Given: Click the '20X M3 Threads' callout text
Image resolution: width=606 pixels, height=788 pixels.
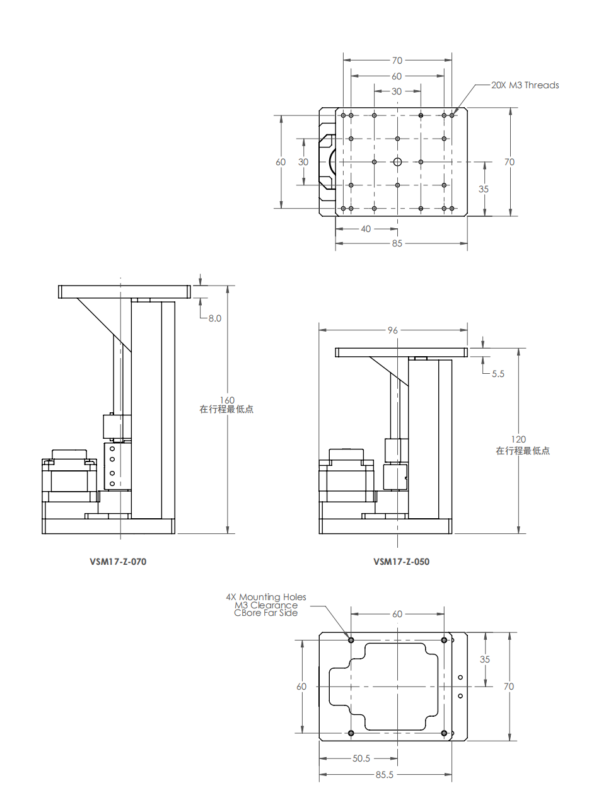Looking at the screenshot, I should coord(525,85).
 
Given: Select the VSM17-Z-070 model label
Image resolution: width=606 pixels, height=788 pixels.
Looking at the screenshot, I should coord(118,562).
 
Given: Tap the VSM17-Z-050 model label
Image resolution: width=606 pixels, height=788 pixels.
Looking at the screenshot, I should coord(401,562).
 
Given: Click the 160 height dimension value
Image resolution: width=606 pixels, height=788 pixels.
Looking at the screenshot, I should coord(227,400).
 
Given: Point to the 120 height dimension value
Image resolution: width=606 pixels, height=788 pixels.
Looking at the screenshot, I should coord(518,439).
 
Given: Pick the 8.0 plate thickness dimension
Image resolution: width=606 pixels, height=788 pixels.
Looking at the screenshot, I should coord(215,318).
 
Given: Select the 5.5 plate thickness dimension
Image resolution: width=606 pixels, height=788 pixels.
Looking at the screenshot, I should coord(498,374).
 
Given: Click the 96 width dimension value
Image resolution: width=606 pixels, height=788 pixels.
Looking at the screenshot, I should coord(393,330).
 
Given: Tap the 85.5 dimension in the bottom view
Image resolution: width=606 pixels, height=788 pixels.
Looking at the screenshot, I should coord(384,775).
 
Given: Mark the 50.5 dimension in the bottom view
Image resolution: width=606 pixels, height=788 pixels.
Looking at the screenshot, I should coord(361,758).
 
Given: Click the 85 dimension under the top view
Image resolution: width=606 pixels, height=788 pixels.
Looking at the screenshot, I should coord(397,243).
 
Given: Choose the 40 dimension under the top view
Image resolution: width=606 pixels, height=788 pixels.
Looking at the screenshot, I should coord(366,229).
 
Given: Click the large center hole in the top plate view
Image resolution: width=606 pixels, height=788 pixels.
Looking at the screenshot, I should coord(397,162).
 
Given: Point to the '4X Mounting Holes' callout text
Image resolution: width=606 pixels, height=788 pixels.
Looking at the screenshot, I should coord(266,597).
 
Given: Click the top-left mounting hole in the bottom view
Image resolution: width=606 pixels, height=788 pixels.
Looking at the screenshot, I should coord(351,640).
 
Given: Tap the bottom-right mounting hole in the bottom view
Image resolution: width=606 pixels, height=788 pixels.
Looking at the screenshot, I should coord(444,733).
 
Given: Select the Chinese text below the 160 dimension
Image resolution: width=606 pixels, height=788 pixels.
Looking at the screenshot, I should coord(226,410).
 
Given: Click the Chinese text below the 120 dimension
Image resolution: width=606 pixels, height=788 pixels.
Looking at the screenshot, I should coord(522,451).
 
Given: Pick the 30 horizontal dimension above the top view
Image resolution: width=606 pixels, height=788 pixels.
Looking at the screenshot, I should coord(397,91).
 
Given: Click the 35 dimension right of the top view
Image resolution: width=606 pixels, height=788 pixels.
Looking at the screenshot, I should coord(484,189).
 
